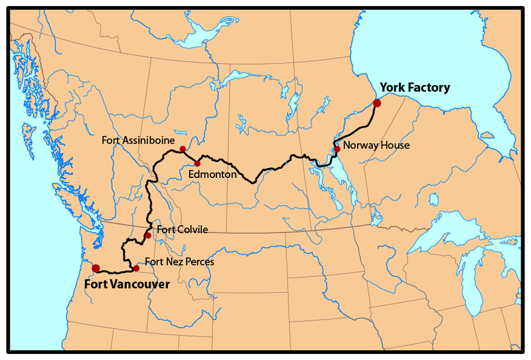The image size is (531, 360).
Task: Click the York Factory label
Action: tap(414, 87)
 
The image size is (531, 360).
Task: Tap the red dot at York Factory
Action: tap(377, 103)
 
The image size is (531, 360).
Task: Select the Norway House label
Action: tap(372, 145)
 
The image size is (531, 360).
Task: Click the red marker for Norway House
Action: tap(337, 149)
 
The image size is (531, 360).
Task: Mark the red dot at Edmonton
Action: tap(197, 163)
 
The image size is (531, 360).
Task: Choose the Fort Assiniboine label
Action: tap(138, 140)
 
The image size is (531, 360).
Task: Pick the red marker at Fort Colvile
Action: tap(147, 236)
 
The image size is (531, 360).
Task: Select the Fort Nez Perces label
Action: tap(179, 262)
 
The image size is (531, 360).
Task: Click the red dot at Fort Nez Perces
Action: tap(136, 268)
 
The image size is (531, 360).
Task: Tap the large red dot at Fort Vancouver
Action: tap(96, 268)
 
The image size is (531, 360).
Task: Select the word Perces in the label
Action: tap(200, 262)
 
